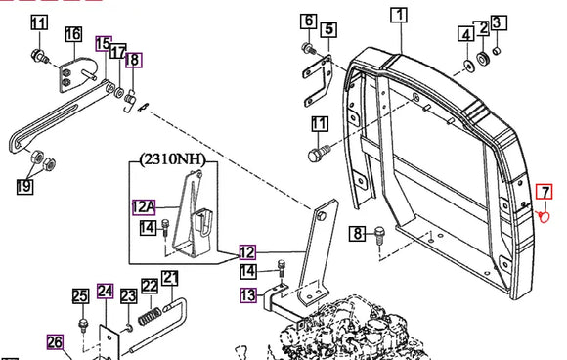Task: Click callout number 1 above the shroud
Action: pos(399,15)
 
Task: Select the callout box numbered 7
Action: pos(545,191)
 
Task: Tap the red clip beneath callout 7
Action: pos(546,217)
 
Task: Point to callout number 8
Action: pos(357,233)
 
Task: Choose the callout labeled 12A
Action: pos(144,207)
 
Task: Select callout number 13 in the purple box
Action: pos(247,294)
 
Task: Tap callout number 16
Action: pos(73,35)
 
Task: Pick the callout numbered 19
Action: pos(25,183)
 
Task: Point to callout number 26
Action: pos(54,341)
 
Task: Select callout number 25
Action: pos(81,295)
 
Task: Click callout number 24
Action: pos(105,290)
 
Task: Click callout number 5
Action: pos(328,29)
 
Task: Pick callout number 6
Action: pos(308,21)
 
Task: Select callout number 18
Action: pos(132,60)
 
